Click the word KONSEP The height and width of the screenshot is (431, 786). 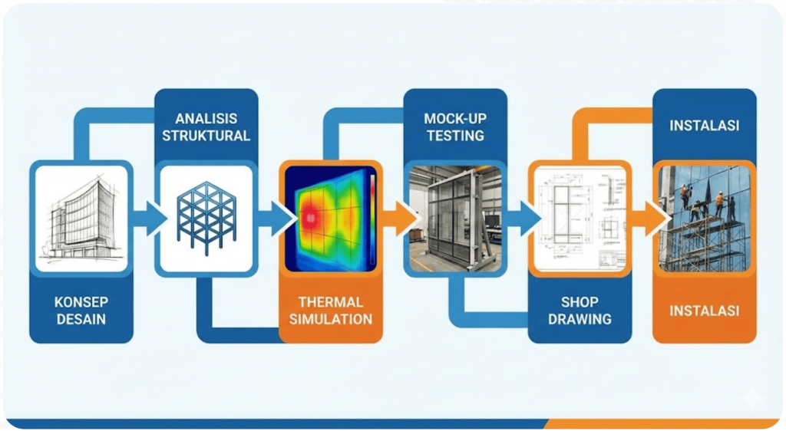click(x=81, y=301)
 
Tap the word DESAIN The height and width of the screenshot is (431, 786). click(x=81, y=318)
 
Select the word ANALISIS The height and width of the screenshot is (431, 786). click(x=206, y=119)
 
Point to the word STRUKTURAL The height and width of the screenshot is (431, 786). click(x=206, y=136)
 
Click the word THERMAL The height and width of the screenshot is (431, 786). click(x=330, y=302)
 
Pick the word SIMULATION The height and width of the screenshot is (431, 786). click(x=330, y=319)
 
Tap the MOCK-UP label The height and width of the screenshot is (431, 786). click(x=454, y=119)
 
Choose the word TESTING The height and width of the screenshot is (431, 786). click(x=454, y=136)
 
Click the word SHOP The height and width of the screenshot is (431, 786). click(x=580, y=302)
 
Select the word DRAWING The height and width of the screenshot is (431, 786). click(x=580, y=319)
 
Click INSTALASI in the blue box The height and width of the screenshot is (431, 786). click(x=704, y=125)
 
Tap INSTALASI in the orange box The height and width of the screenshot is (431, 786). click(x=704, y=311)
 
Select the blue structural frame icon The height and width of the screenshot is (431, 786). click(x=205, y=217)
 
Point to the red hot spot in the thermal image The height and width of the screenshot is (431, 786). click(x=309, y=216)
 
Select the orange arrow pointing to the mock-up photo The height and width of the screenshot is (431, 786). click(x=399, y=218)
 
